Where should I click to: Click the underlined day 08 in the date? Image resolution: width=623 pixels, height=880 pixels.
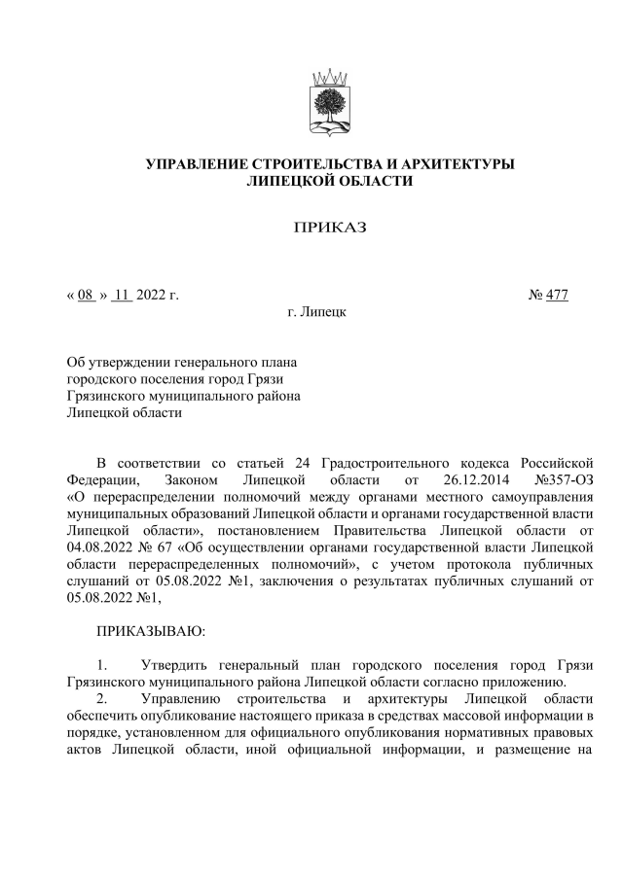click(85, 294)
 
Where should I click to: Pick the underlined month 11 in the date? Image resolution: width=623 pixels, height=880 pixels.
click(122, 294)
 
